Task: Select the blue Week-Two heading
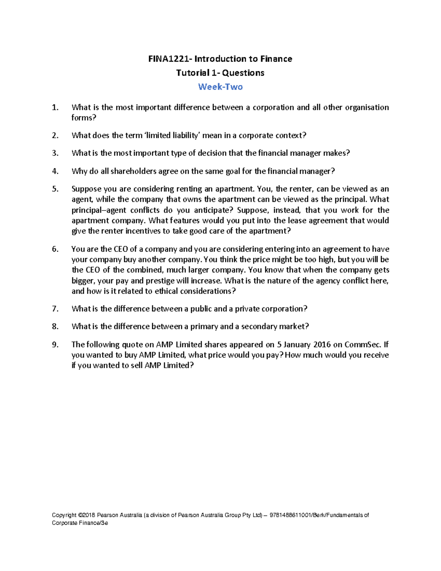220,87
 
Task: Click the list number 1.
55,107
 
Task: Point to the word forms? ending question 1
84,118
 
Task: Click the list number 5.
55,189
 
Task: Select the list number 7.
55,309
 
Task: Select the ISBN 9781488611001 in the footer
290,515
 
